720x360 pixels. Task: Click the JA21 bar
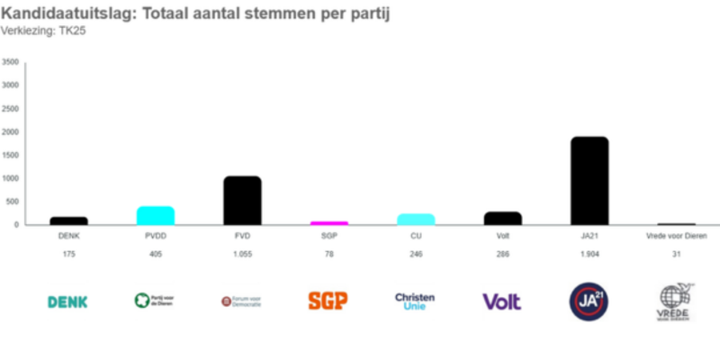point(589,181)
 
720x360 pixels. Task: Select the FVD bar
point(242,201)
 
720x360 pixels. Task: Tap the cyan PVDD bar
point(156,215)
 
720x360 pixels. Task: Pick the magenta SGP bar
point(328,222)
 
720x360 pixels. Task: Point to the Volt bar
point(502,218)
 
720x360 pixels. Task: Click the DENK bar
point(68,220)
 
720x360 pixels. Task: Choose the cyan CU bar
point(416,219)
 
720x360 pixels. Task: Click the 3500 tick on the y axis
point(11,62)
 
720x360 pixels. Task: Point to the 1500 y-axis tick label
point(11,155)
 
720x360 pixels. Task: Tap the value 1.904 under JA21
point(589,255)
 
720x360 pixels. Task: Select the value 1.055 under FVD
point(242,255)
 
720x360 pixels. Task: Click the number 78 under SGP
point(328,255)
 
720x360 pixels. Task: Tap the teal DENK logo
point(68,301)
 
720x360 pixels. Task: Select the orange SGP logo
point(328,301)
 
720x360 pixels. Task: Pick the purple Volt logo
point(502,301)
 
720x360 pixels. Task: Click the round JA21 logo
point(589,301)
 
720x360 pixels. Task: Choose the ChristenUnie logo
point(415,301)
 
